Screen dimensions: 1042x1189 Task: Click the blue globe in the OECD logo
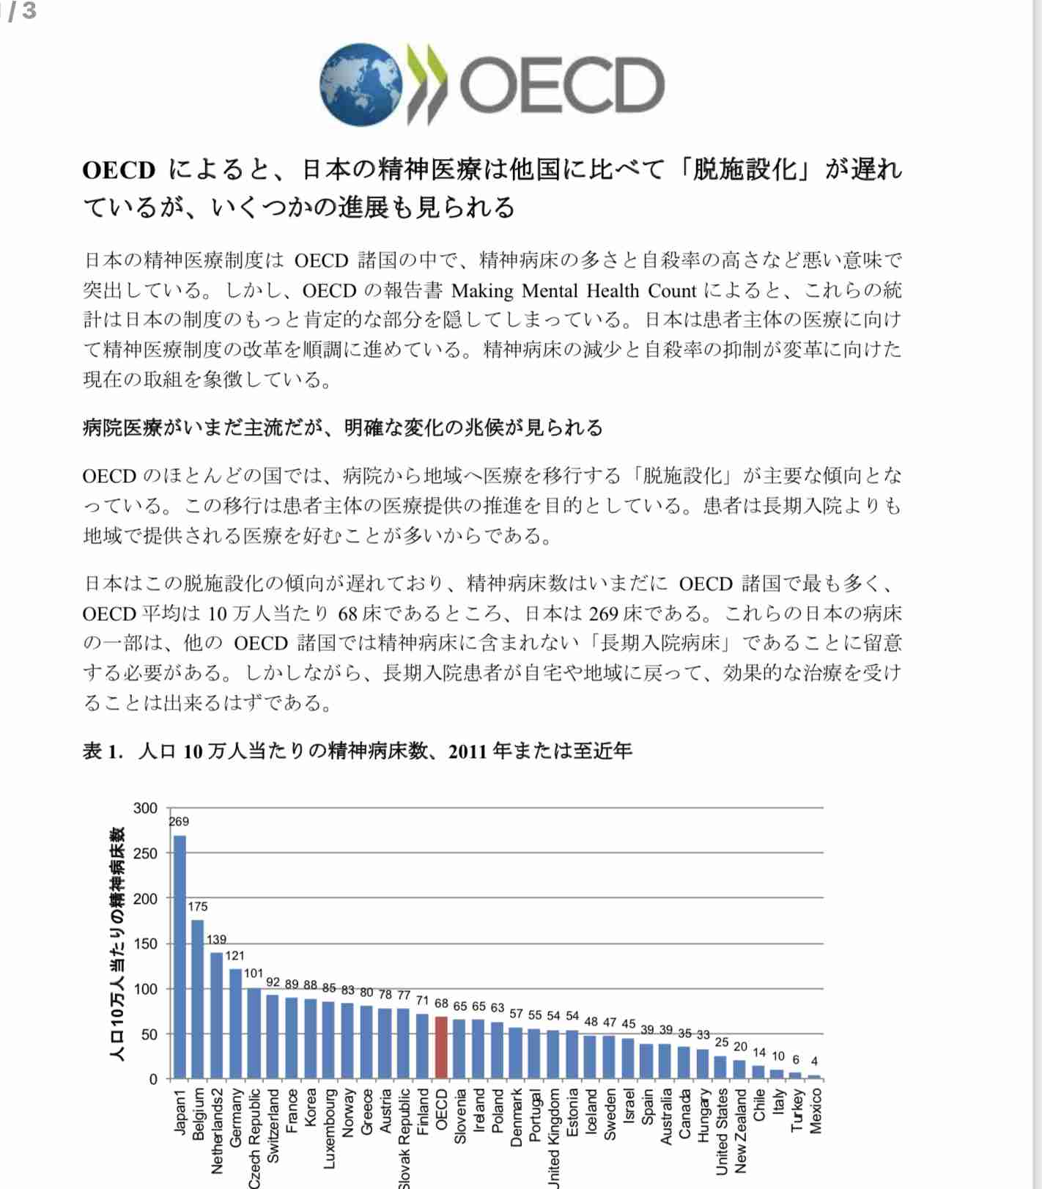click(361, 84)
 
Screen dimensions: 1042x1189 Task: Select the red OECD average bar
click(441, 1048)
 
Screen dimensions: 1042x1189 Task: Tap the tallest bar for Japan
click(180, 957)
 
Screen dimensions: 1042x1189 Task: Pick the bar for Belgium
click(198, 999)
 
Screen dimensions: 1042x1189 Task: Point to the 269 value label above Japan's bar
click(179, 822)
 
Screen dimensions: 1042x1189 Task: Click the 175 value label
click(198, 907)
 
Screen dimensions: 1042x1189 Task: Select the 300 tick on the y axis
click(145, 808)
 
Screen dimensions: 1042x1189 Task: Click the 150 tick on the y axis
click(145, 943)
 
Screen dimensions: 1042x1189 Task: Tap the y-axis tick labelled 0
click(153, 1079)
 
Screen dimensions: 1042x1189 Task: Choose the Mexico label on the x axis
click(816, 1111)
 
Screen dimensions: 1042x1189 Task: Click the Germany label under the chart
click(236, 1117)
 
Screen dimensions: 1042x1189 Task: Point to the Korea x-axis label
click(310, 1108)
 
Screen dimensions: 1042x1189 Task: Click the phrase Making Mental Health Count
click(574, 291)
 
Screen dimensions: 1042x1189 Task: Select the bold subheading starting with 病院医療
click(342, 427)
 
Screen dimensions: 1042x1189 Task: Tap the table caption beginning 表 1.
click(357, 751)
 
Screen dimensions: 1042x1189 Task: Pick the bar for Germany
click(235, 1023)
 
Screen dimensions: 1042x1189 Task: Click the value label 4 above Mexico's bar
click(814, 1061)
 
